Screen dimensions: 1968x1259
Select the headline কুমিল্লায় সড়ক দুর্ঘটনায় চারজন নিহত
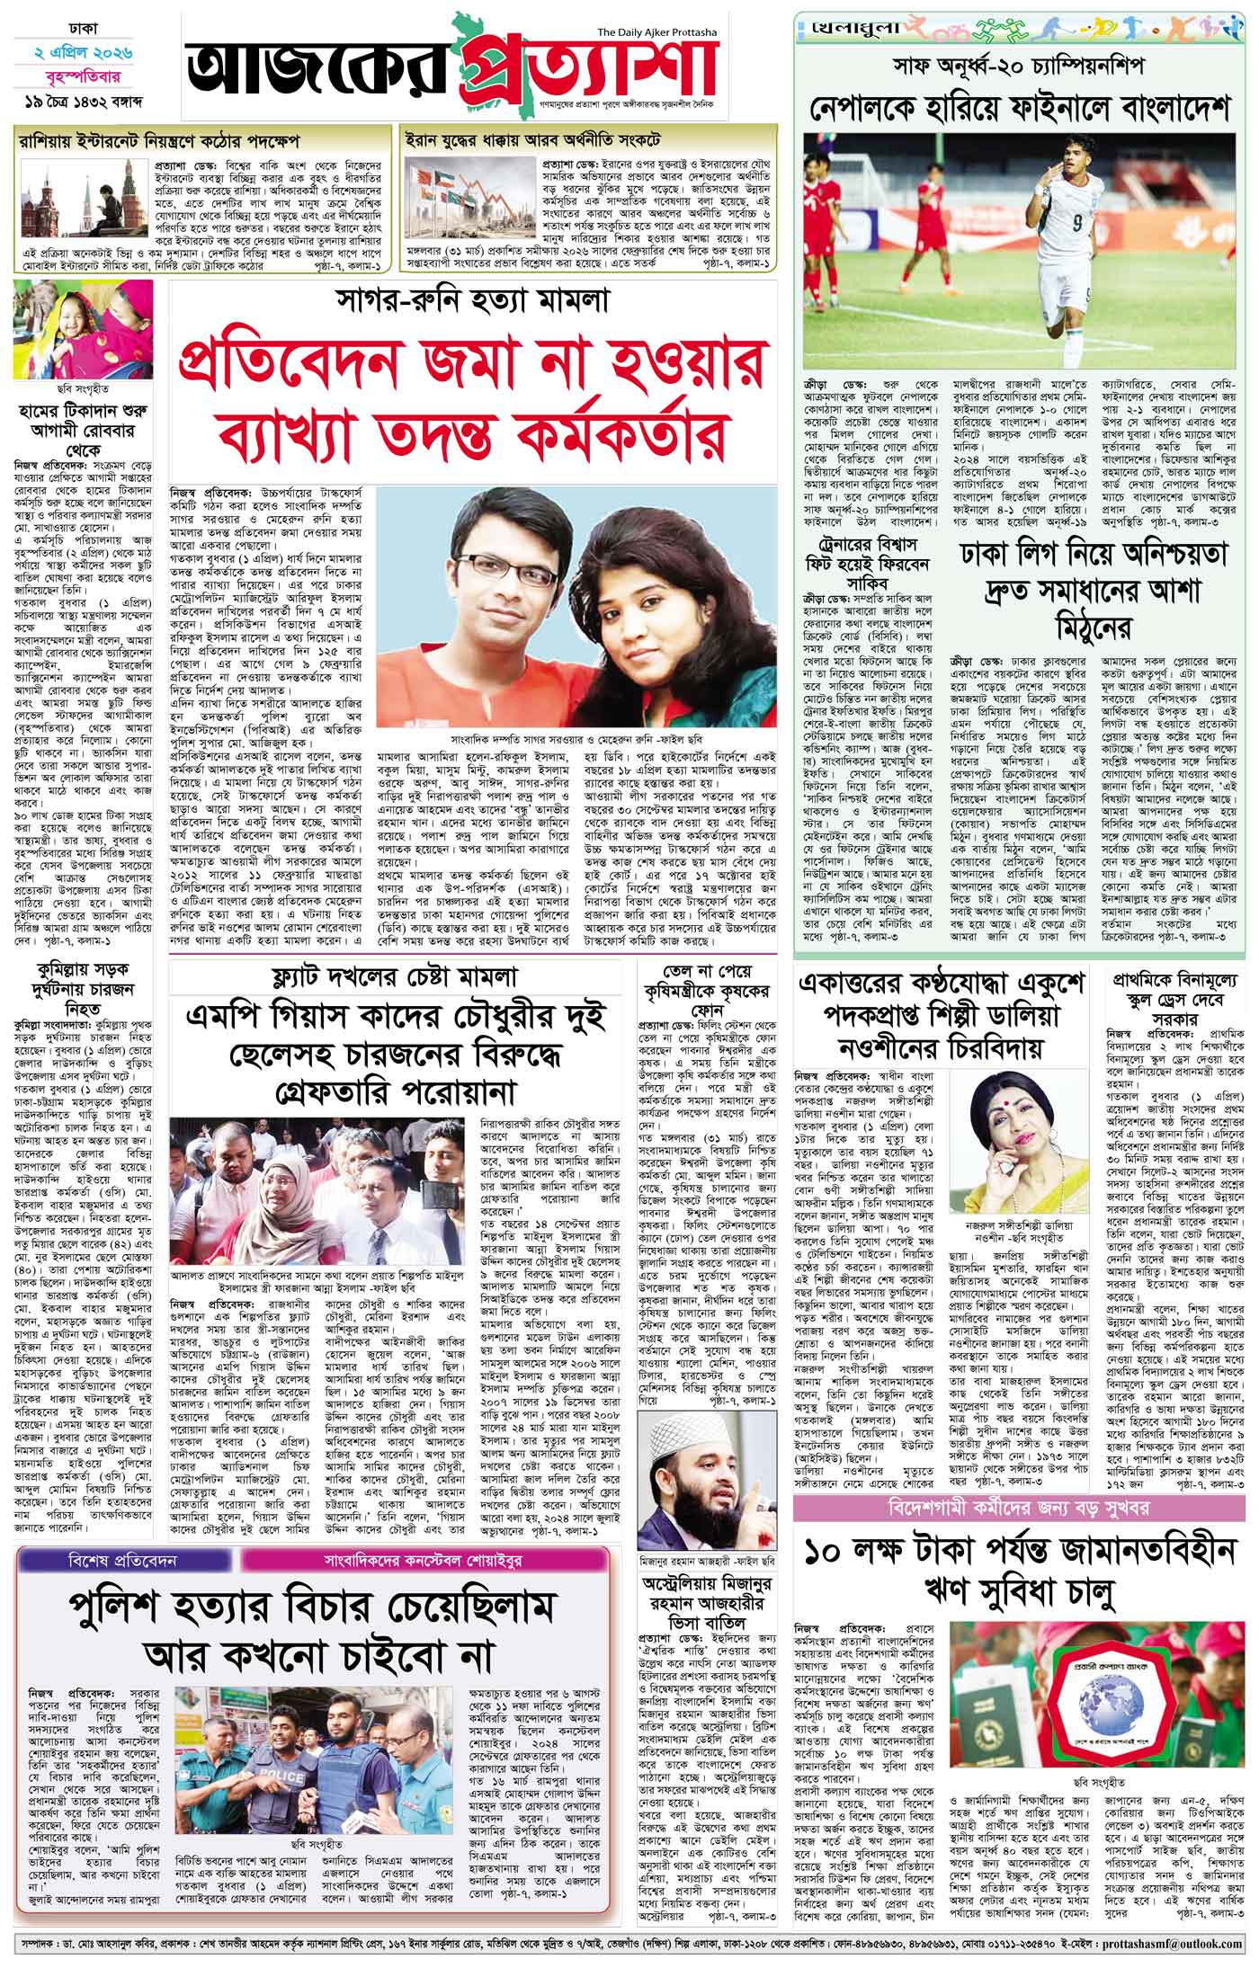pos(84,984)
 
